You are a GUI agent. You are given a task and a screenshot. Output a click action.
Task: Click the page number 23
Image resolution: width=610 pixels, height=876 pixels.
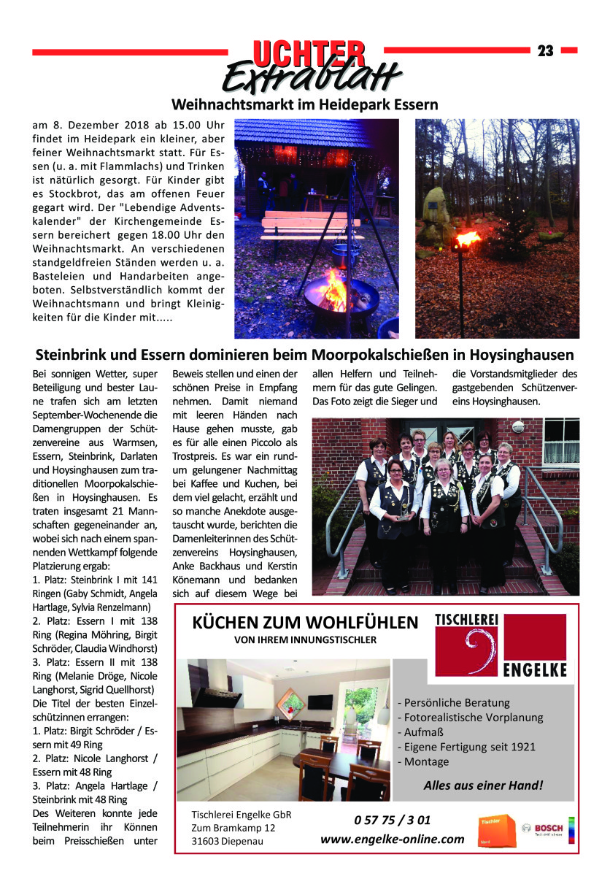[545, 50]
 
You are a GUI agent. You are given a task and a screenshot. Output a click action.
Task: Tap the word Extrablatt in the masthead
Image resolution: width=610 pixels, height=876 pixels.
[312, 77]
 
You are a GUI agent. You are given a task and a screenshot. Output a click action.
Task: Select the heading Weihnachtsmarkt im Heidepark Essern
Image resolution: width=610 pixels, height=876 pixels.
[304, 104]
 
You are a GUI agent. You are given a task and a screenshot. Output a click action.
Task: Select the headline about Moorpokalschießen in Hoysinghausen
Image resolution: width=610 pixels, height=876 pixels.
[305, 356]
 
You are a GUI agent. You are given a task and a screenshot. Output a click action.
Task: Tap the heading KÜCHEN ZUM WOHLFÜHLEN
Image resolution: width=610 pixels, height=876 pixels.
[305, 623]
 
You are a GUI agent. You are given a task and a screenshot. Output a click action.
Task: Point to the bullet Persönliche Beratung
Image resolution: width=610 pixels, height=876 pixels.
[454, 702]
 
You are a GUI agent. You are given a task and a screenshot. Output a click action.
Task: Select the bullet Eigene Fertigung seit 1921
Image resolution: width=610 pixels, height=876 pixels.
[467, 746]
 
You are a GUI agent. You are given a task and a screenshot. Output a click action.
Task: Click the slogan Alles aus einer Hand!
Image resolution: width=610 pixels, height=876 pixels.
[483, 785]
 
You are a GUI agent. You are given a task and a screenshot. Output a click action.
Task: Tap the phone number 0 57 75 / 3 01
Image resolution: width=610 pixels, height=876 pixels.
[392, 820]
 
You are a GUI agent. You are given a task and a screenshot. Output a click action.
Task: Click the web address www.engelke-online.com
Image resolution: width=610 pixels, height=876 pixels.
[393, 839]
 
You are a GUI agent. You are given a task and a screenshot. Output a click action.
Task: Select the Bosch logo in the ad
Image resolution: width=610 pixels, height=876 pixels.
[548, 829]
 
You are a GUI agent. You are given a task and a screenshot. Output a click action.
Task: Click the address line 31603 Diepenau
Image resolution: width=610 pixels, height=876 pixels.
[227, 840]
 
